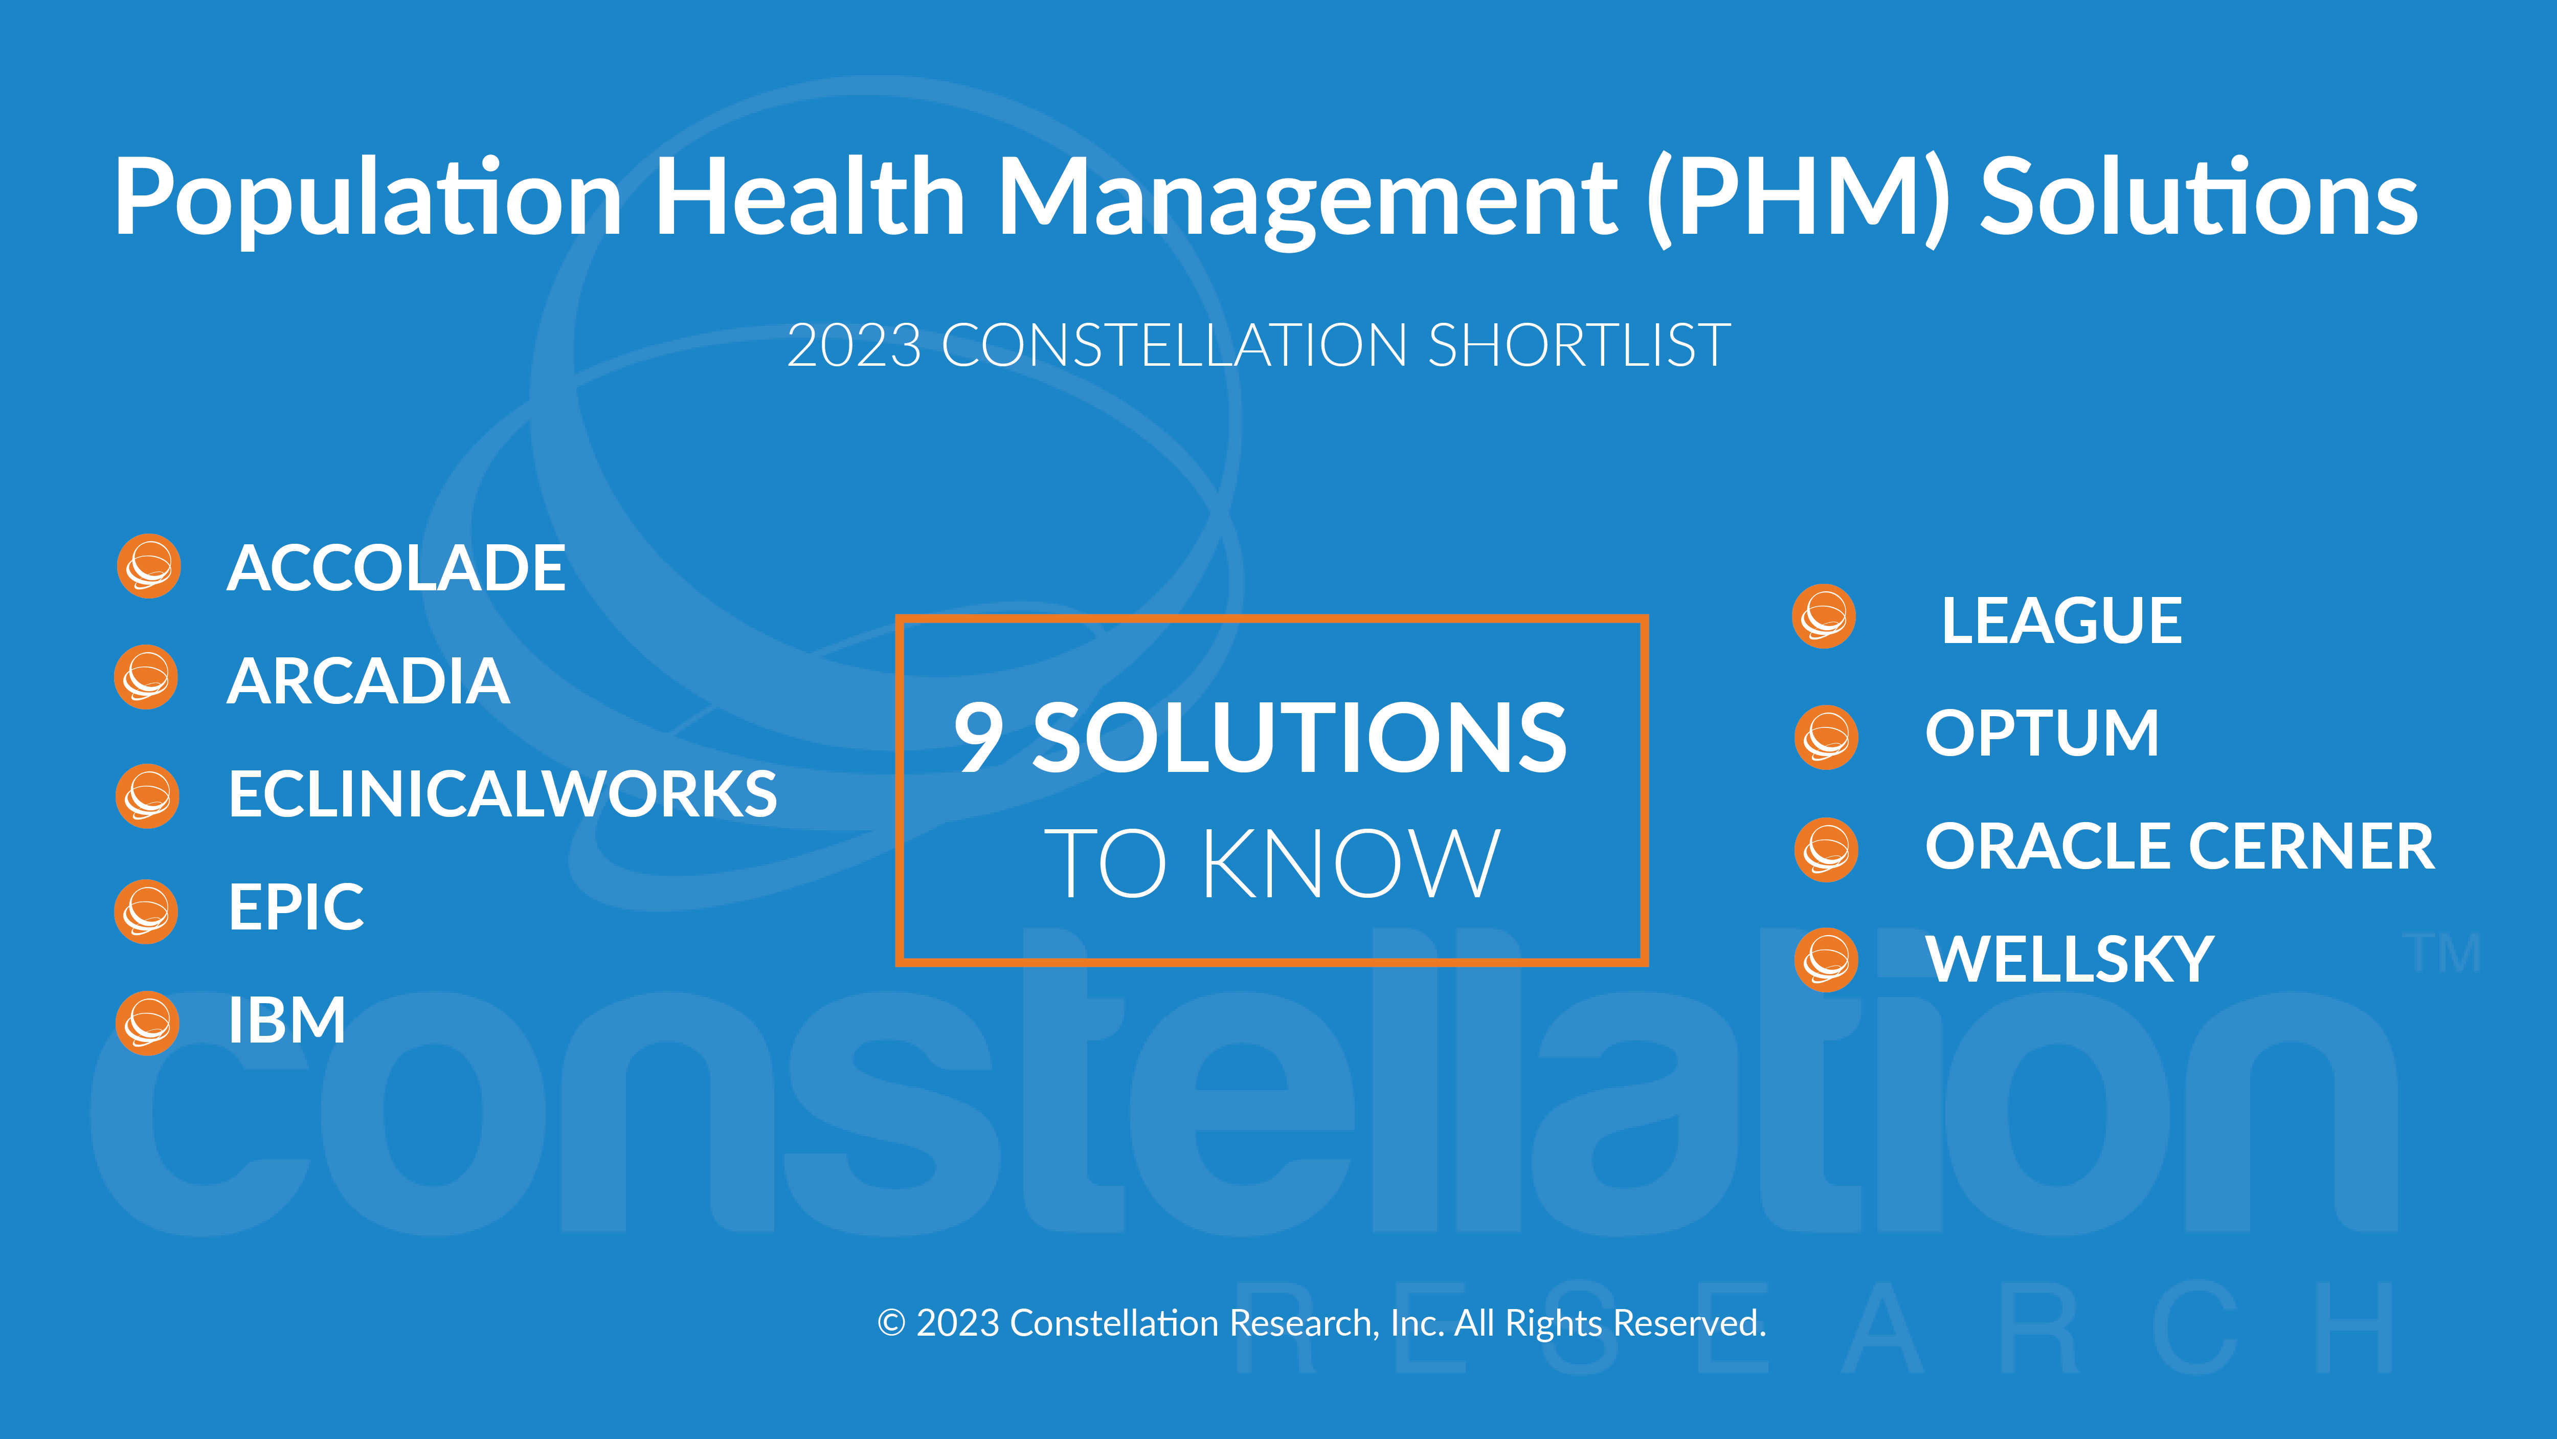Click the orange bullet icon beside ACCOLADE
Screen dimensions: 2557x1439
(x=149, y=567)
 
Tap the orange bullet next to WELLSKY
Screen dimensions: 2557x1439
(x=1826, y=960)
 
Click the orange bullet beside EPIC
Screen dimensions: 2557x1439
(x=147, y=911)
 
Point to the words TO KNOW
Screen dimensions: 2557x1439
(x=1271, y=863)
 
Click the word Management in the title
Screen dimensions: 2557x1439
(x=1307, y=198)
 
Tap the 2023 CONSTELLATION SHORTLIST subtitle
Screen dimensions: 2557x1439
(x=1259, y=346)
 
